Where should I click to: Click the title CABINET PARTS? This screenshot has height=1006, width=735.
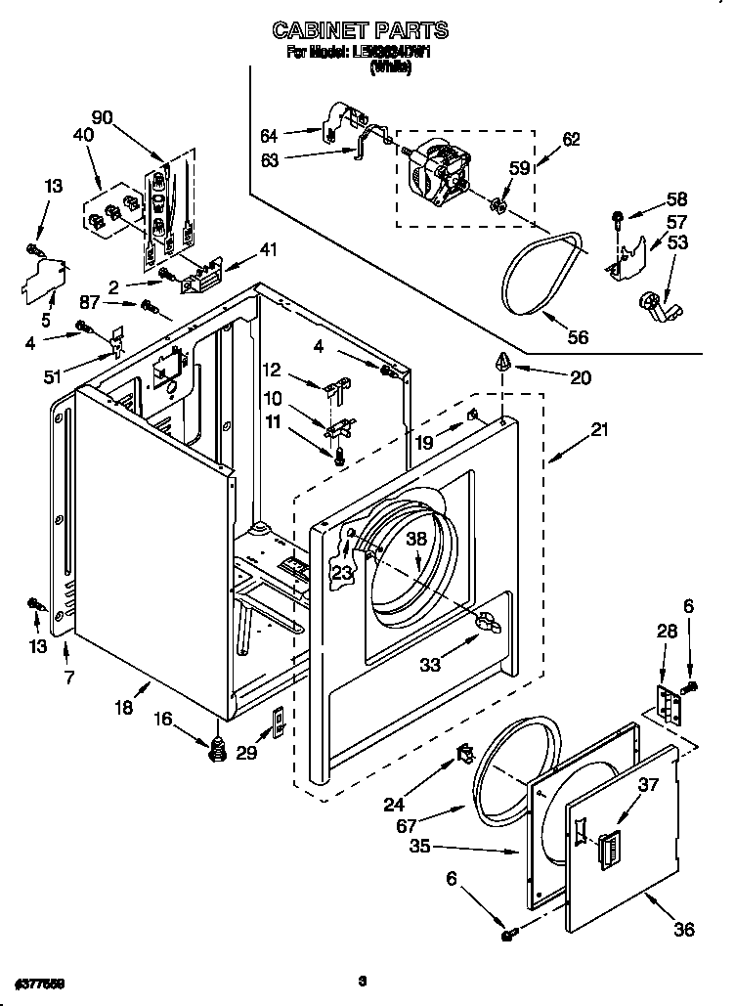[361, 30]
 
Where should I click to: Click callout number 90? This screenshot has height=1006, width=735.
[102, 117]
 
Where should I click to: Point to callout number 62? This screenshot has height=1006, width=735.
[571, 140]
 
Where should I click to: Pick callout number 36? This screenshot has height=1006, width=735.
[683, 929]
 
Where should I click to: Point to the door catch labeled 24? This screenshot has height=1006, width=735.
[465, 754]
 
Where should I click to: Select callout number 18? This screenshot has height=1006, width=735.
[124, 708]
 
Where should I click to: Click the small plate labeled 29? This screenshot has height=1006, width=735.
[278, 722]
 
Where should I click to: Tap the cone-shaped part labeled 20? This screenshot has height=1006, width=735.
[502, 363]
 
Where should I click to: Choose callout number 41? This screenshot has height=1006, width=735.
[268, 249]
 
